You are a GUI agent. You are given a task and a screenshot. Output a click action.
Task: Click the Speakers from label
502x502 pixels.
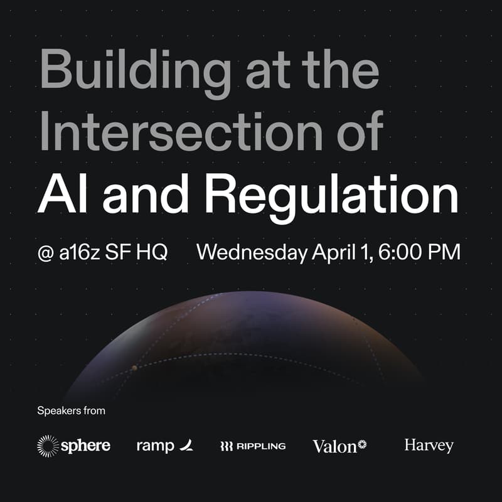tap(71, 411)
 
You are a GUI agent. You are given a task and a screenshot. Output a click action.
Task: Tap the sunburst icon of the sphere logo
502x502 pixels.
tap(48, 446)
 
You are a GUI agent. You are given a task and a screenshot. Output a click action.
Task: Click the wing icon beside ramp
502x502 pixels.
tap(186, 446)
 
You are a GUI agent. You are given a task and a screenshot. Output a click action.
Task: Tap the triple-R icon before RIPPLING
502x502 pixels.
tap(227, 446)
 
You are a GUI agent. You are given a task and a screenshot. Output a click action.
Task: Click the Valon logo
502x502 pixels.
tap(339, 446)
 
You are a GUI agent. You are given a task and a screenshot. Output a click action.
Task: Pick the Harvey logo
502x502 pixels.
tap(429, 446)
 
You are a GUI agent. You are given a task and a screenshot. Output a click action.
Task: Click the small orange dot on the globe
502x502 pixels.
tap(134, 368)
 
